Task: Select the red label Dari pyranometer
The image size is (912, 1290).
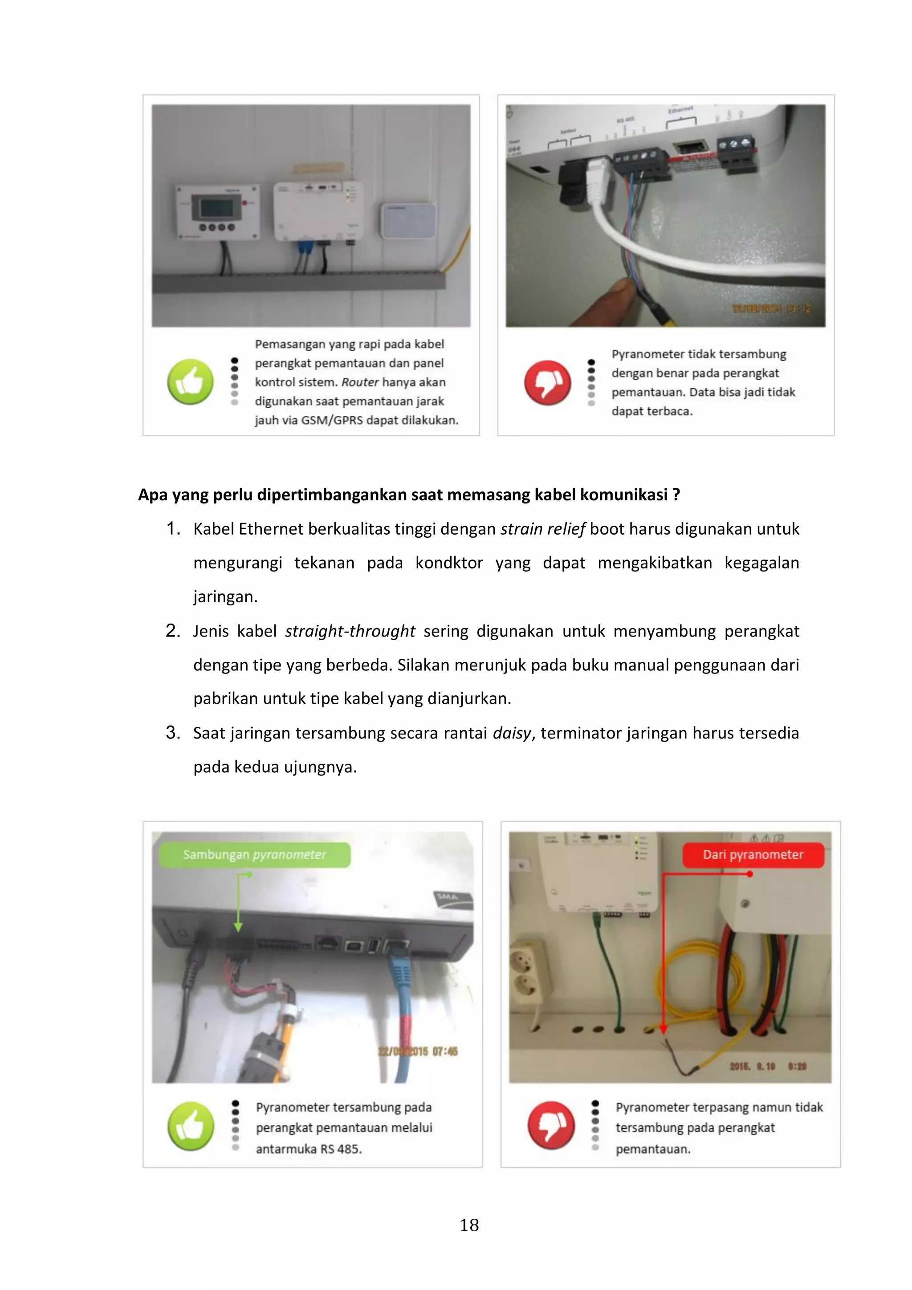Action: pos(753,855)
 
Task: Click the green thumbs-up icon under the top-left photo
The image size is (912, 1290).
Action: pos(191,381)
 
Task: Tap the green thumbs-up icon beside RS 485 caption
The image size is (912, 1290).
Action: pos(191,1126)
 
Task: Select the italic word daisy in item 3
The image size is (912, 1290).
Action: pos(511,733)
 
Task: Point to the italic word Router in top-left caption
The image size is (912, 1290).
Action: pos(360,382)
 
